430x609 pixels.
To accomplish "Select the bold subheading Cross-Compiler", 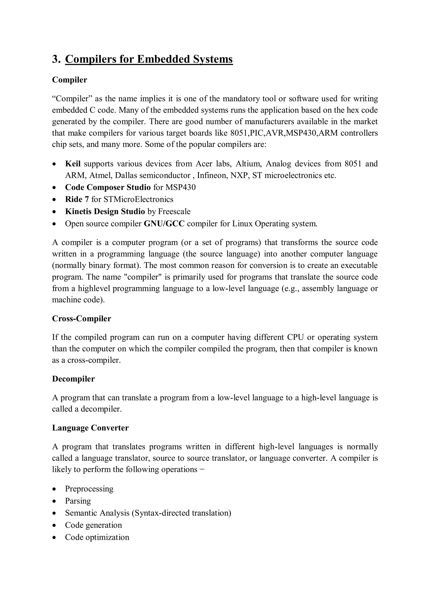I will (x=81, y=318).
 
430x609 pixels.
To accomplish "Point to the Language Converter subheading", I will (x=90, y=428).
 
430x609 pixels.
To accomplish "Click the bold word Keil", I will (x=73, y=164).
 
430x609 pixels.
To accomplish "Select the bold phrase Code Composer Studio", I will (x=108, y=187).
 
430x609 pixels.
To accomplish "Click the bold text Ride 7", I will (x=77, y=199).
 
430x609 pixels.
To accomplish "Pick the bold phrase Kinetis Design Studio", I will (x=105, y=211).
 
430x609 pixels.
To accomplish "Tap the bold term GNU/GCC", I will (x=164, y=224).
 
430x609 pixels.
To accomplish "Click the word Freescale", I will (x=174, y=211).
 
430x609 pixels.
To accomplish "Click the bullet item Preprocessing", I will (x=89, y=489).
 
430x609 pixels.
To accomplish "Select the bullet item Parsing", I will (x=78, y=501).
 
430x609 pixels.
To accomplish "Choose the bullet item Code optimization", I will (x=97, y=537).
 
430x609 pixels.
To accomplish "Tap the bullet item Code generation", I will (x=93, y=525).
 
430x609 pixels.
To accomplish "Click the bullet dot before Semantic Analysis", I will (x=54, y=513).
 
